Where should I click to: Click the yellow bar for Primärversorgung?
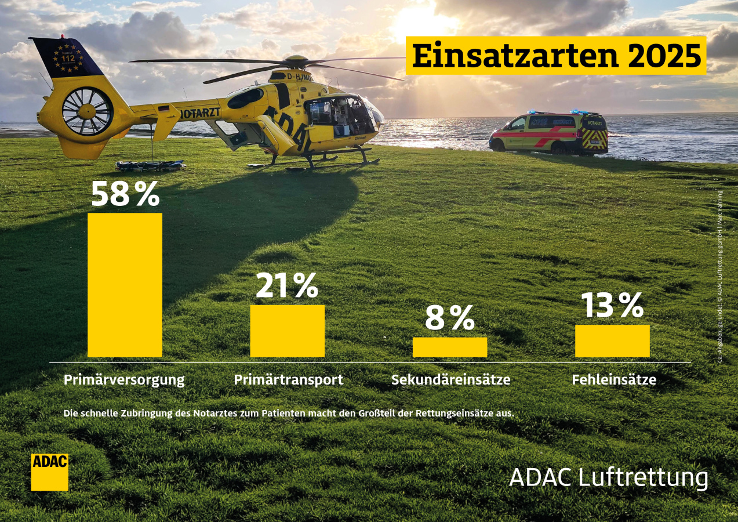[x=125, y=285]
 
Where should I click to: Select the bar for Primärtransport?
[x=287, y=331]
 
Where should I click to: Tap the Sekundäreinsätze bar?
[x=449, y=347]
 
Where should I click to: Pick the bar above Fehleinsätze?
[x=612, y=340]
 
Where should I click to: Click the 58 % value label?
[x=125, y=194]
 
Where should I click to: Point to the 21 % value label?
[x=287, y=286]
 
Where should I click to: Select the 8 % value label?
[x=449, y=318]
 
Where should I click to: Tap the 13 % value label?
[x=612, y=306]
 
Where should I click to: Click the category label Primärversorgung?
[x=124, y=380]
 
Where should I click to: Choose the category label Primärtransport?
[x=289, y=380]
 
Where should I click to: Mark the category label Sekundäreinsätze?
[x=451, y=380]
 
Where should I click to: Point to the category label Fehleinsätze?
[x=614, y=380]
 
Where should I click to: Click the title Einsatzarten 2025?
[x=556, y=56]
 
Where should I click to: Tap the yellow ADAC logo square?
[x=49, y=472]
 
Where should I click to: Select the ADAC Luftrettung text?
[x=608, y=478]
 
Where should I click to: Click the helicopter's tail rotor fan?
[x=87, y=111]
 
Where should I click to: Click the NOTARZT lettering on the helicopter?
[x=200, y=113]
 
